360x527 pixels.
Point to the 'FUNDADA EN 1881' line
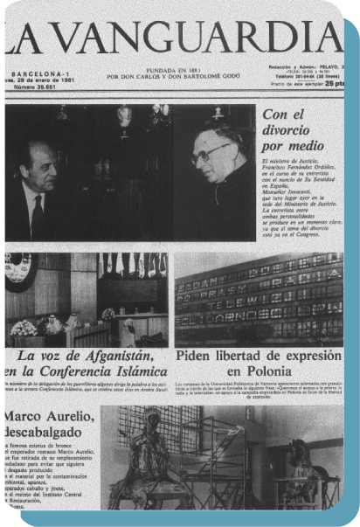(179, 71)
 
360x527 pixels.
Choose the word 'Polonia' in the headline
(260, 373)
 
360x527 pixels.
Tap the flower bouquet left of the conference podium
(24, 328)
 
